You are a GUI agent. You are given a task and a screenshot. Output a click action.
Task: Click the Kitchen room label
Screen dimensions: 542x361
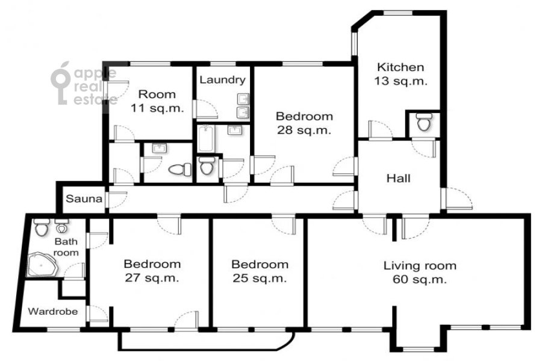coord(400,74)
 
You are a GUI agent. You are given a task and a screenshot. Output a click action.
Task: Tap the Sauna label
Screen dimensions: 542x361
coord(84,199)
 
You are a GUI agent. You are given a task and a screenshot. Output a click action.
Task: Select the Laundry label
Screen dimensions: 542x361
coord(223,80)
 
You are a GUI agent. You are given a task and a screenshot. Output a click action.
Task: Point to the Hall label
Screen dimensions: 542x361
coord(399,178)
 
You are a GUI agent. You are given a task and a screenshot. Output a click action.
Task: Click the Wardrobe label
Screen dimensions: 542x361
coord(53,311)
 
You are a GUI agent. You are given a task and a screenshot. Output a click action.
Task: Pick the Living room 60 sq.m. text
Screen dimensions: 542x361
coord(420,272)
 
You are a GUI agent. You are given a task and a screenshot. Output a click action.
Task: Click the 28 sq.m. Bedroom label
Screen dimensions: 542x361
coord(304,123)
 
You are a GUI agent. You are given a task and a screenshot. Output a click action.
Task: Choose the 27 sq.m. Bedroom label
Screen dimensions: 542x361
coord(152,271)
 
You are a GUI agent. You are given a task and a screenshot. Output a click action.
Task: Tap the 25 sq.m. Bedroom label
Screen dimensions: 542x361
coord(260,271)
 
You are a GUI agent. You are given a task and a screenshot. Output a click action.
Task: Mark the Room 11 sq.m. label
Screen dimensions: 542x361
coord(157,101)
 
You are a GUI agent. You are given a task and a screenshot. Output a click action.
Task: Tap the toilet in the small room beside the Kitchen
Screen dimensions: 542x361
coord(424,122)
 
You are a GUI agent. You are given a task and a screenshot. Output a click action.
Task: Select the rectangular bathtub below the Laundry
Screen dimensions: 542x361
coord(206,138)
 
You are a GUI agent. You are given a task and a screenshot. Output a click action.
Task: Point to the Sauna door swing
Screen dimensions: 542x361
coord(117,200)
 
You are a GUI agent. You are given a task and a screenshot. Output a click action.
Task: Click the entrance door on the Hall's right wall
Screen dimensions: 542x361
coord(457,199)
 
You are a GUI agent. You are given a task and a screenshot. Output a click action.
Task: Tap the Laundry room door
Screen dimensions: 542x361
coord(206,109)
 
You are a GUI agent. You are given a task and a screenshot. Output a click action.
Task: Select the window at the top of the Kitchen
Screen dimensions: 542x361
coord(398,13)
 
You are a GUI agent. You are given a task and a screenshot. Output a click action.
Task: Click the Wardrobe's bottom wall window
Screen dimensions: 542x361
coord(63,330)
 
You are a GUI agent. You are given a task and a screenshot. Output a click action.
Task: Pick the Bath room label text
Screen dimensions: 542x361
coord(66,247)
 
